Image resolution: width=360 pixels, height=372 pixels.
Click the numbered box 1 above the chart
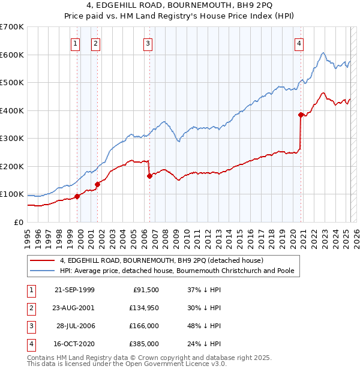[76, 43]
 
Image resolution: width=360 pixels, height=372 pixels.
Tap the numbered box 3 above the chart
[148, 43]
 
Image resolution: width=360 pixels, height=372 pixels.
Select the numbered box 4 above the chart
[299, 43]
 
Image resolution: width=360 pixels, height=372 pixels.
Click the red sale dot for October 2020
[301, 114]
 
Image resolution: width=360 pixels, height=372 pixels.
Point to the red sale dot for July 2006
[149, 176]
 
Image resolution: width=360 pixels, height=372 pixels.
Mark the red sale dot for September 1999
[77, 196]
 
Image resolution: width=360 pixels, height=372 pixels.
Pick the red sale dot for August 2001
[97, 184]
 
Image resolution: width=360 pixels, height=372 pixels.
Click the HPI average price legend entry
[176, 271]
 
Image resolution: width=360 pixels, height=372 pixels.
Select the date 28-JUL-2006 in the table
[77, 325]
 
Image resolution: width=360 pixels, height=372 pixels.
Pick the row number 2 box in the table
[29, 307]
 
